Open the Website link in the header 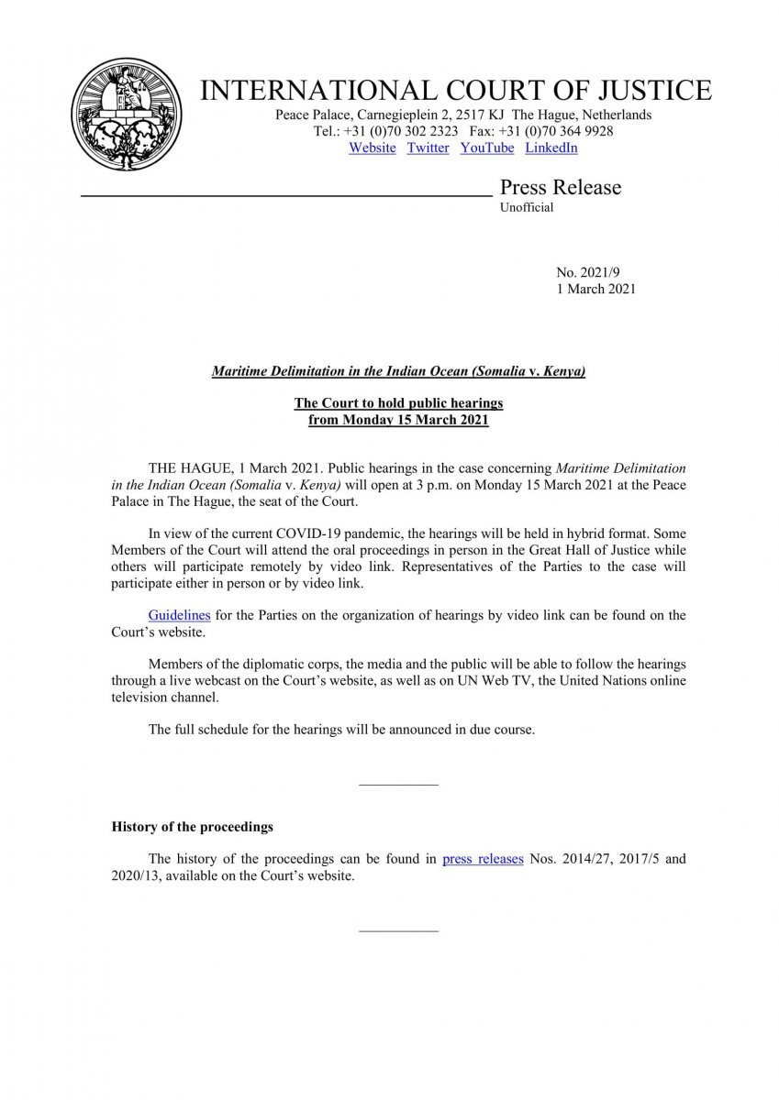(372, 148)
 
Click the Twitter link (428, 148)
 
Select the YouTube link (486, 148)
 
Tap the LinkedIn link (551, 148)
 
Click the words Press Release (560, 188)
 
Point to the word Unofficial (527, 208)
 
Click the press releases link (483, 860)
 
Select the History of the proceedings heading (193, 827)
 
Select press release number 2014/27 (579, 860)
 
